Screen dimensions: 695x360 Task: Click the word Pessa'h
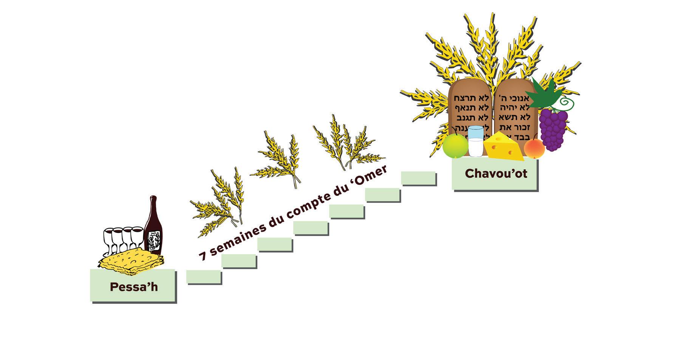pos(134,287)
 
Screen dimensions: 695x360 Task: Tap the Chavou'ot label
pos(496,173)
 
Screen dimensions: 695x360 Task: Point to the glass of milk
pos(475,141)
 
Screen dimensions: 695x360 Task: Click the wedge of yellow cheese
pos(503,146)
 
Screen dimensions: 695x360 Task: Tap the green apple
pos(455,146)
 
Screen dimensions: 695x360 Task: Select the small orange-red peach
pos(534,148)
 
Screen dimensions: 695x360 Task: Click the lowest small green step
pos(204,277)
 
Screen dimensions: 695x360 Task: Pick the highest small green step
pos(418,178)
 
